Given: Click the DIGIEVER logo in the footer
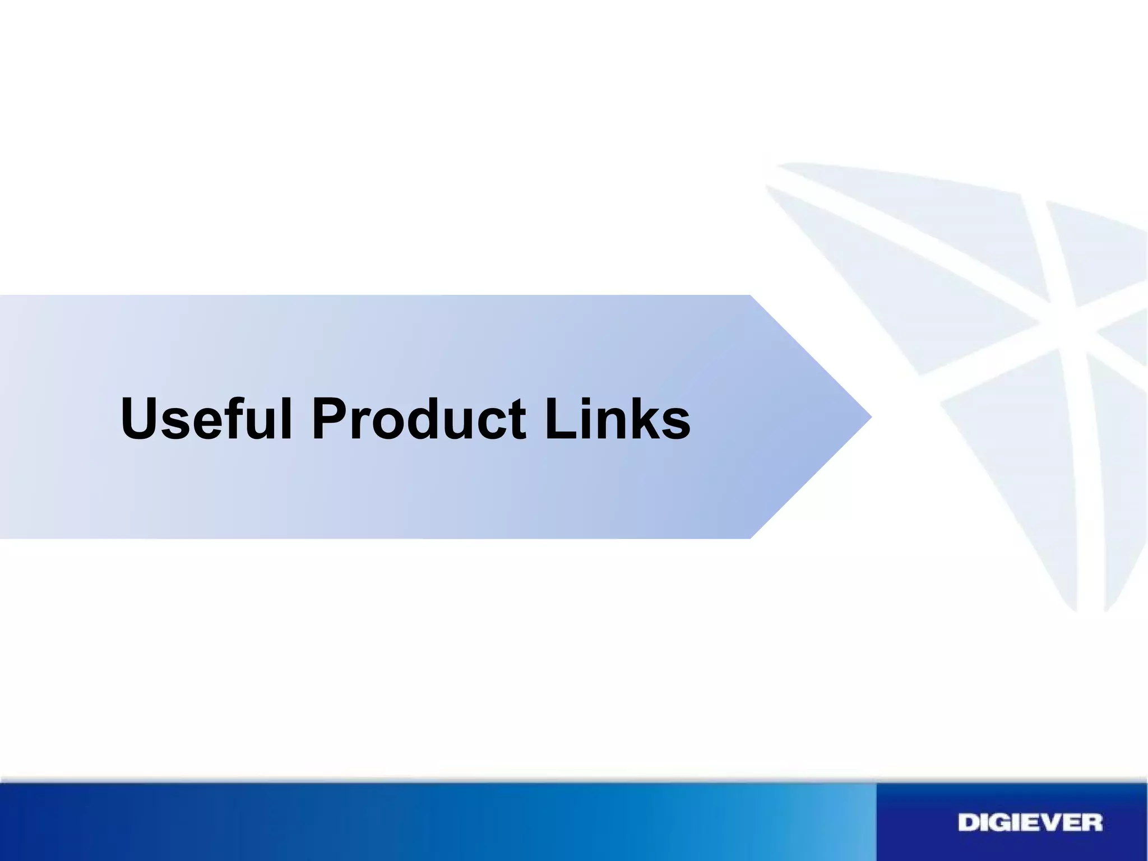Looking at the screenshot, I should pos(1030,823).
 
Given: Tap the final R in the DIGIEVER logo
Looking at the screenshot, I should pos(1091,823).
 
